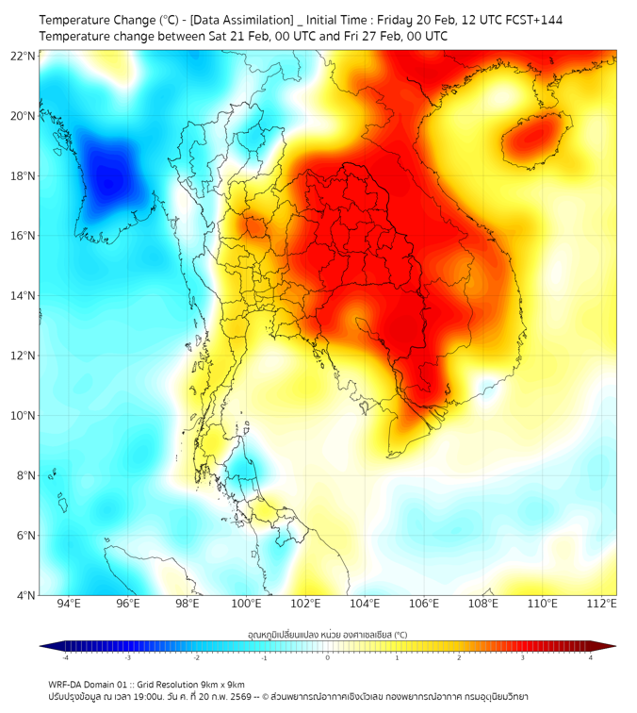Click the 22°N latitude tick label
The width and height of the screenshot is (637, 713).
coord(24,56)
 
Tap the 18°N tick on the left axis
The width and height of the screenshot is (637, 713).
coord(24,175)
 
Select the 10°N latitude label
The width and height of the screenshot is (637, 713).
coord(24,415)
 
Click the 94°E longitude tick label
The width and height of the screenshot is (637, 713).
coord(69,604)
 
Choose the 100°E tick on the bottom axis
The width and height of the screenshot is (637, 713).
coord(246,604)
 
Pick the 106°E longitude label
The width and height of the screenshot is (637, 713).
coord(424,604)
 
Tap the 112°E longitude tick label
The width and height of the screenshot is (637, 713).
coord(602,604)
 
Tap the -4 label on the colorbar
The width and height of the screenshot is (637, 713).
coord(65,657)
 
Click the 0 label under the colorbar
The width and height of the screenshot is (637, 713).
coord(328,657)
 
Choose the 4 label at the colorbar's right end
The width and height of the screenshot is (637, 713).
coord(590,657)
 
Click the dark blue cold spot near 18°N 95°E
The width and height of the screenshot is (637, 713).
coord(109,175)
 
